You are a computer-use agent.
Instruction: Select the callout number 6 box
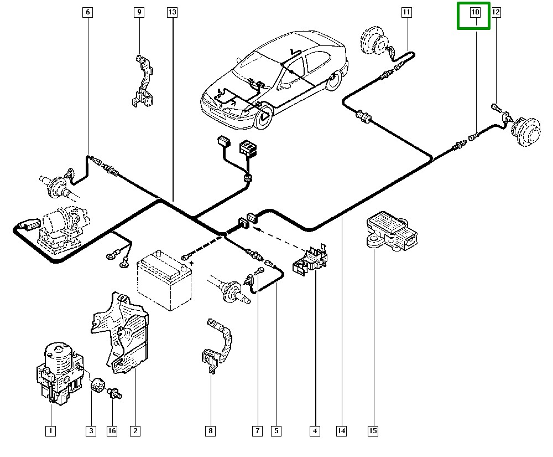click(88, 12)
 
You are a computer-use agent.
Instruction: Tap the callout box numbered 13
click(172, 12)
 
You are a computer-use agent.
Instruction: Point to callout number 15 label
click(373, 430)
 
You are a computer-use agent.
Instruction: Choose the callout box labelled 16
click(112, 430)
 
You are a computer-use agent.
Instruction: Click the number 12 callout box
click(495, 12)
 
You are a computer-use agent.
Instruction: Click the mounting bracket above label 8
click(217, 345)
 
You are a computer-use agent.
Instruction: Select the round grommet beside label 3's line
click(98, 384)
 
